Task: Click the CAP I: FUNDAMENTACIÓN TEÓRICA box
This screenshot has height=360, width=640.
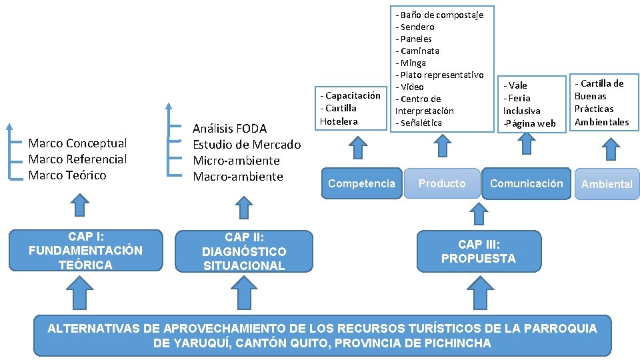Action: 85,251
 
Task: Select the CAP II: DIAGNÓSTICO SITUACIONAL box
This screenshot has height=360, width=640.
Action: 244,251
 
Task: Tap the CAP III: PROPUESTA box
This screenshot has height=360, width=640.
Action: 478,251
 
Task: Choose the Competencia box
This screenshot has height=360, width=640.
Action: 361,183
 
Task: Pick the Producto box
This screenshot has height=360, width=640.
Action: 442,183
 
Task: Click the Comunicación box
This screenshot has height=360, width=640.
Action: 526,183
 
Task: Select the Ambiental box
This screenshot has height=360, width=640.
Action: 606,184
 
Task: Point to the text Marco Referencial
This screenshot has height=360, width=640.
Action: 77,159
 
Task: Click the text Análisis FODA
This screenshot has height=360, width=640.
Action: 229,129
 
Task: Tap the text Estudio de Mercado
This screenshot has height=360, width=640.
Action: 247,145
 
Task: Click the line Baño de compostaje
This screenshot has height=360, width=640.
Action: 441,15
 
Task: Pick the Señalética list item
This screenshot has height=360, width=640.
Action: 420,123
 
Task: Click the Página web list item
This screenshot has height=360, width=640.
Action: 529,123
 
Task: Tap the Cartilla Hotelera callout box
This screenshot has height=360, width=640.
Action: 351,108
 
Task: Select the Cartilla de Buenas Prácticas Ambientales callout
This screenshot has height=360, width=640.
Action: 602,103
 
